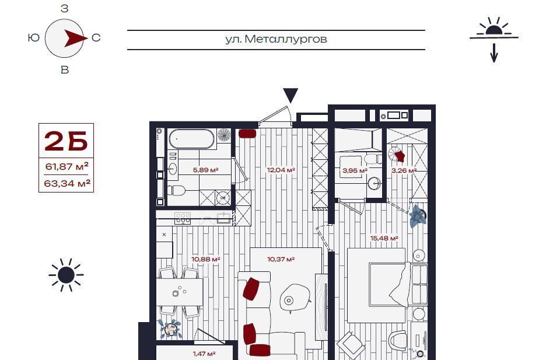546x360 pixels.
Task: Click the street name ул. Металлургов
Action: click(276, 39)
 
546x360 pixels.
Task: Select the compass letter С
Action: click(96, 37)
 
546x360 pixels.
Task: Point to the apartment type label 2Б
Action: click(66, 141)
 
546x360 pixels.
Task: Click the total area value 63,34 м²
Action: click(67, 183)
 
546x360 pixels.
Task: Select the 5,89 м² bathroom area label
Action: click(205, 170)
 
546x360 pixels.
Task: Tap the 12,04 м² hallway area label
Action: click(281, 170)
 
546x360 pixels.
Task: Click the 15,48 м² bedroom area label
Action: click(384, 239)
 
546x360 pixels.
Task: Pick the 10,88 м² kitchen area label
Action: click(206, 260)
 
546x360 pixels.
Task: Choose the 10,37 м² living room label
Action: click(281, 260)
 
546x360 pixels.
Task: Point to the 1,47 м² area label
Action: click(204, 354)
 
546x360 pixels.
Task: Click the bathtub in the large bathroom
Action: click(191, 138)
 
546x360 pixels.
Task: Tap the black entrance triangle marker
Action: click(290, 95)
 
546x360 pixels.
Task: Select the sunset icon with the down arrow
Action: click(494, 39)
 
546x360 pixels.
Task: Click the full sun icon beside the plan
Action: click(66, 275)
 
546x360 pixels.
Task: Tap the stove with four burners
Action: click(183, 218)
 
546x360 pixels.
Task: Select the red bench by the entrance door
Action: click(247, 134)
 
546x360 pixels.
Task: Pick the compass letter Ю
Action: click(34, 37)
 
